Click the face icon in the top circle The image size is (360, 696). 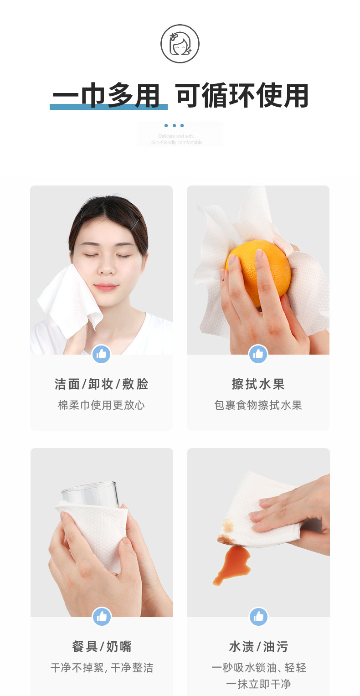click(180, 44)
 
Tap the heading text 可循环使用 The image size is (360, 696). click(242, 96)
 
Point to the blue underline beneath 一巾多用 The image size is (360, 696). click(108, 107)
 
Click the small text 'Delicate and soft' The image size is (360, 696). click(176, 136)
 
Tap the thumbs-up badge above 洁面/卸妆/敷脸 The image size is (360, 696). click(101, 354)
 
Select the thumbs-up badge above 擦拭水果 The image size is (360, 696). click(258, 354)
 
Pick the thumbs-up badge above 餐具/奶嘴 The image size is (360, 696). click(102, 617)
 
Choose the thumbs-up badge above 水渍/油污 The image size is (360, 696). click(258, 617)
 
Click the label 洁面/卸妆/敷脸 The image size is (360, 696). click(101, 384)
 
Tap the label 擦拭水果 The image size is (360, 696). click(258, 384)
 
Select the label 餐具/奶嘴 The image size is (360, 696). click(102, 646)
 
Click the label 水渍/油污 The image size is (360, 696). click(258, 646)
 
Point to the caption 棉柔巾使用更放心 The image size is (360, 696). click(101, 405)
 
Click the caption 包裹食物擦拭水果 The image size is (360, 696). click(258, 405)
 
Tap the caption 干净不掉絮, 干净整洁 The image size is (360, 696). click(102, 668)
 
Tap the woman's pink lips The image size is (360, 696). click(106, 287)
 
